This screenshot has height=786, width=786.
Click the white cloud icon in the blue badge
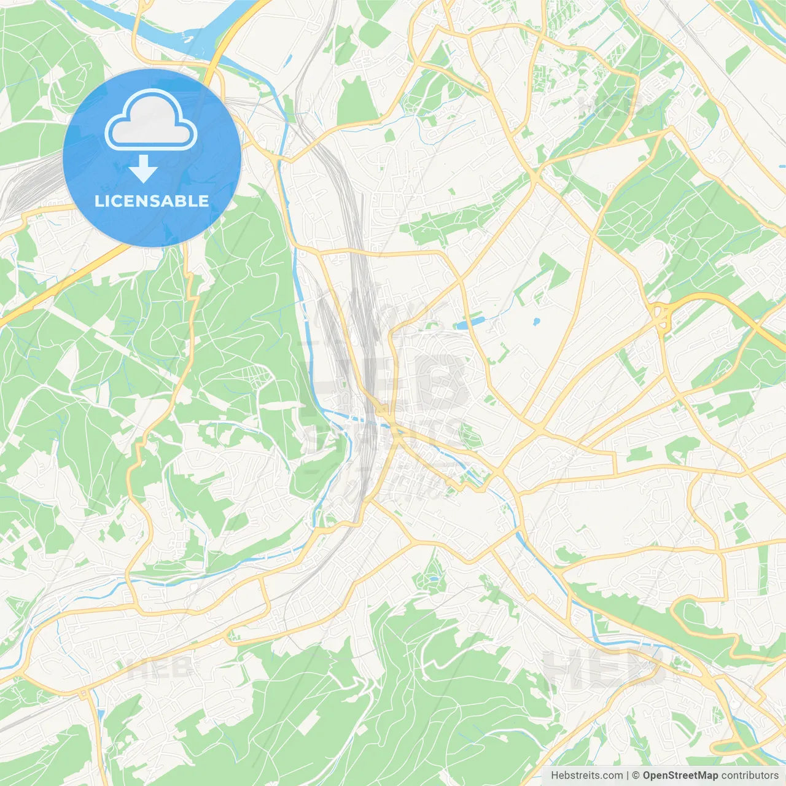[x=151, y=120]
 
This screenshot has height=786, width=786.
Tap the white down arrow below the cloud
[x=143, y=168]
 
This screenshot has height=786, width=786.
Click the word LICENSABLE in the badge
[x=152, y=201]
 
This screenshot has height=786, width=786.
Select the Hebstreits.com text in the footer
[x=586, y=776]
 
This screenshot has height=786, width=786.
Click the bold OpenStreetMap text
[x=680, y=776]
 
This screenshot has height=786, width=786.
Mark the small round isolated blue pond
[x=536, y=321]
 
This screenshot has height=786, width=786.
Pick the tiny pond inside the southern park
[x=434, y=578]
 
